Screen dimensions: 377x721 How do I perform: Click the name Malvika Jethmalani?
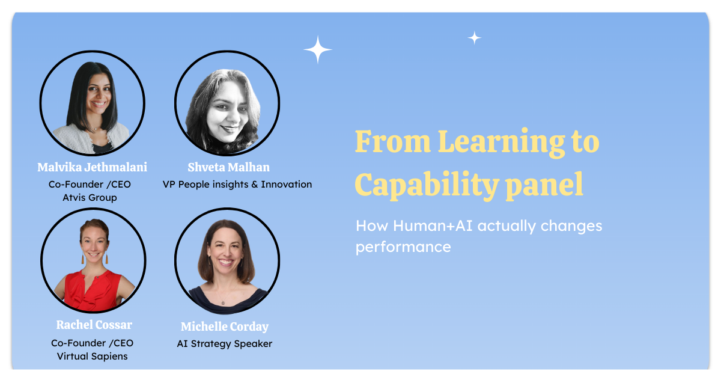coord(92,167)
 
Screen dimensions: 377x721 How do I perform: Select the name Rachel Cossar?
coord(94,325)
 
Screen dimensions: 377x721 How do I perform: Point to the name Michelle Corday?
coord(225,327)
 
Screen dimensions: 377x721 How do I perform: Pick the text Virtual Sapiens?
coord(92,356)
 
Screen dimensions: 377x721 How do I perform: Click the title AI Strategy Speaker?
coord(225,344)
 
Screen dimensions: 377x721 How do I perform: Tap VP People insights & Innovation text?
coord(237,185)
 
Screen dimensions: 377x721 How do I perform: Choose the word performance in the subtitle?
coord(403,247)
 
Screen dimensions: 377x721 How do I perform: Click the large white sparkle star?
coord(318,50)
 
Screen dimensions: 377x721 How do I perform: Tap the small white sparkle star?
coord(475,38)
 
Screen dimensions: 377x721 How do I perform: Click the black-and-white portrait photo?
coord(227,104)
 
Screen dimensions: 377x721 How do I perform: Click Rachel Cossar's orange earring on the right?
coord(106,259)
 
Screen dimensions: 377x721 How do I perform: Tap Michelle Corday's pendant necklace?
coord(223,301)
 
